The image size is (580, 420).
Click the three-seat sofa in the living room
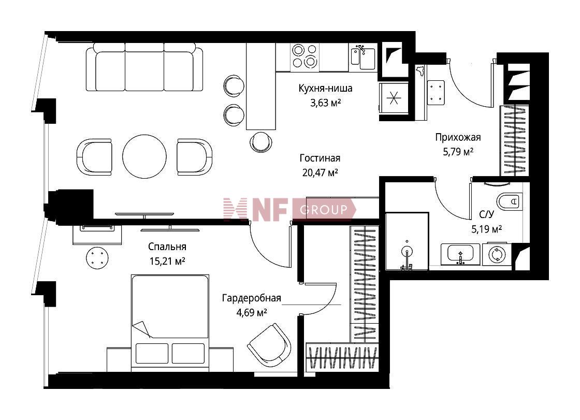click(x=144, y=67)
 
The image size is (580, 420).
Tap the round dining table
click(x=144, y=156)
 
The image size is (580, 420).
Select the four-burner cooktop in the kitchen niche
click(x=304, y=56)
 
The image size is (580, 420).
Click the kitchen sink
click(x=363, y=57)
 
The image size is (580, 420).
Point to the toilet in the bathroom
click(x=510, y=201)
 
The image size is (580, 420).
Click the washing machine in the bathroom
click(x=496, y=255)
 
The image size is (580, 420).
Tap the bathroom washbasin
click(x=460, y=254)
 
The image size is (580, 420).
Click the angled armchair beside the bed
click(x=269, y=345)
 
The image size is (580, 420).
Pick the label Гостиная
click(x=320, y=158)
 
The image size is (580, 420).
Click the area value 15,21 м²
click(x=167, y=261)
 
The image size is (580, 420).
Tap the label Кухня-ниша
click(x=326, y=89)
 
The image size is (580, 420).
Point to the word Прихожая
click(x=458, y=137)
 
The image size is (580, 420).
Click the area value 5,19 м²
click(x=486, y=229)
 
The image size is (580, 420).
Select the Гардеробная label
click(x=252, y=298)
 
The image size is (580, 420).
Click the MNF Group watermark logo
click(x=289, y=210)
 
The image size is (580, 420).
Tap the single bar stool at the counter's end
click(x=261, y=142)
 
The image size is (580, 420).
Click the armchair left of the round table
click(x=94, y=157)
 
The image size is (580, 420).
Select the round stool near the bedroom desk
click(x=97, y=258)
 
